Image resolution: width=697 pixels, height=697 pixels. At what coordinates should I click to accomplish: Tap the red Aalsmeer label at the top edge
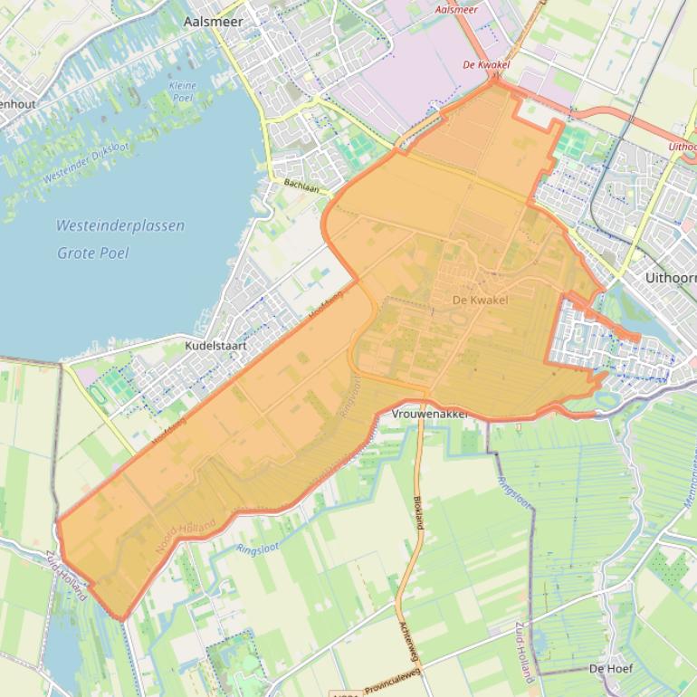tap(456, 9)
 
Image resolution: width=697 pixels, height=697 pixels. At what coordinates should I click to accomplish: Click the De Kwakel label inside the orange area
tap(480, 301)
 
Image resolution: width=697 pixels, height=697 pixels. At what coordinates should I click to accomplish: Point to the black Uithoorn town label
tap(670, 277)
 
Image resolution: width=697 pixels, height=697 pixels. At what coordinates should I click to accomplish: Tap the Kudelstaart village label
tap(215, 346)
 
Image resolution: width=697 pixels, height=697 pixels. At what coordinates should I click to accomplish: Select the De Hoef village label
tap(610, 668)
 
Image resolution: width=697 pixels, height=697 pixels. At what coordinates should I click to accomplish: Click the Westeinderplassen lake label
tap(119, 225)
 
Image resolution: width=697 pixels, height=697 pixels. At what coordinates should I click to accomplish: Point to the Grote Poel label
tap(93, 253)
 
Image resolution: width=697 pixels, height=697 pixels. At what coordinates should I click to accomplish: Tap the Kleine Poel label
tap(182, 91)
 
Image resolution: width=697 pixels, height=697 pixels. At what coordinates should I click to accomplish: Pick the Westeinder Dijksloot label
tap(86, 164)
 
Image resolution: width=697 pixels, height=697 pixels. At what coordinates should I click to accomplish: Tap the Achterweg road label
tap(405, 640)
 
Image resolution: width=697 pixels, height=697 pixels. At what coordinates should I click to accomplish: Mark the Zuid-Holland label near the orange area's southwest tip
tap(69, 573)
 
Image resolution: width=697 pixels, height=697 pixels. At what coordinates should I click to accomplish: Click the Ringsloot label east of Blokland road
tap(514, 492)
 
